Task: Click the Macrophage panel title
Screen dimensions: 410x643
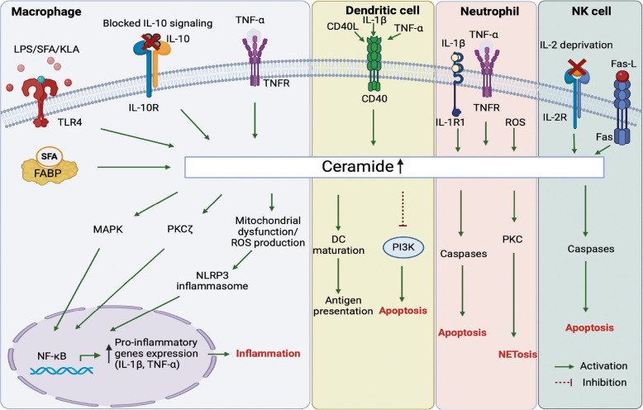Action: (40, 12)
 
